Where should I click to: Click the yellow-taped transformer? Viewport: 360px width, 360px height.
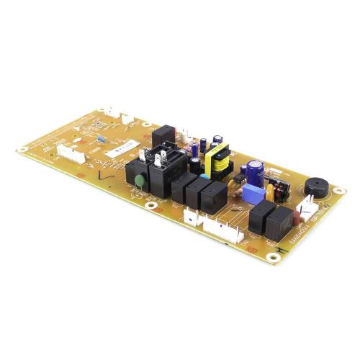point(217,160)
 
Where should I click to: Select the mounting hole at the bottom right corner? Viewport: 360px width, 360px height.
point(272,256)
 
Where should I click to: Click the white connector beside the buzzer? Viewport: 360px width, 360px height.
point(307,209)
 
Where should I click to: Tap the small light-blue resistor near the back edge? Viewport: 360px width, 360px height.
point(101,138)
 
